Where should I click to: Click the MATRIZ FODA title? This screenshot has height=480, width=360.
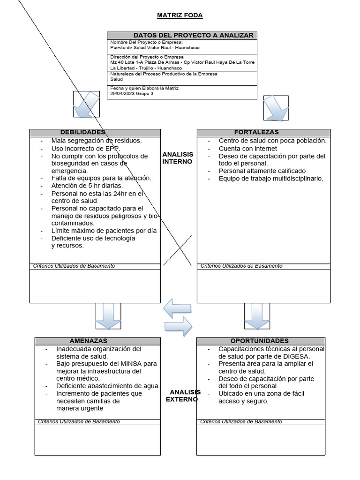180,15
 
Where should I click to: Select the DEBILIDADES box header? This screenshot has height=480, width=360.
82,132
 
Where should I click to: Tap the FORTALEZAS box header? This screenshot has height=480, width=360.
256,132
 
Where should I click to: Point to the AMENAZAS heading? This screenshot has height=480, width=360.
89,341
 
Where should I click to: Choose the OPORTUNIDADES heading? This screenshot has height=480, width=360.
260,341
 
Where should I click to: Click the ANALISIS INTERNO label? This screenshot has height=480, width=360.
178,158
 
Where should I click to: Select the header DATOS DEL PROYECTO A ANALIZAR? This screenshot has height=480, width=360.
193,35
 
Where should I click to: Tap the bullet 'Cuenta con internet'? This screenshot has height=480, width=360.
247,149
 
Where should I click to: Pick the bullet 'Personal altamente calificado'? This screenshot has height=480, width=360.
262,171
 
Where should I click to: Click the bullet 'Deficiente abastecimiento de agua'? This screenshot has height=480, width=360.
108,386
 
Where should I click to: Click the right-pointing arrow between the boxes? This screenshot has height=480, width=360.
179,326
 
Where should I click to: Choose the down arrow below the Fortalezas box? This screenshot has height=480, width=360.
257,316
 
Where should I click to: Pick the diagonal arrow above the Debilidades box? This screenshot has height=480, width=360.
87,104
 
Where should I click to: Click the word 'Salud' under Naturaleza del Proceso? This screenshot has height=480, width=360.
116,80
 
